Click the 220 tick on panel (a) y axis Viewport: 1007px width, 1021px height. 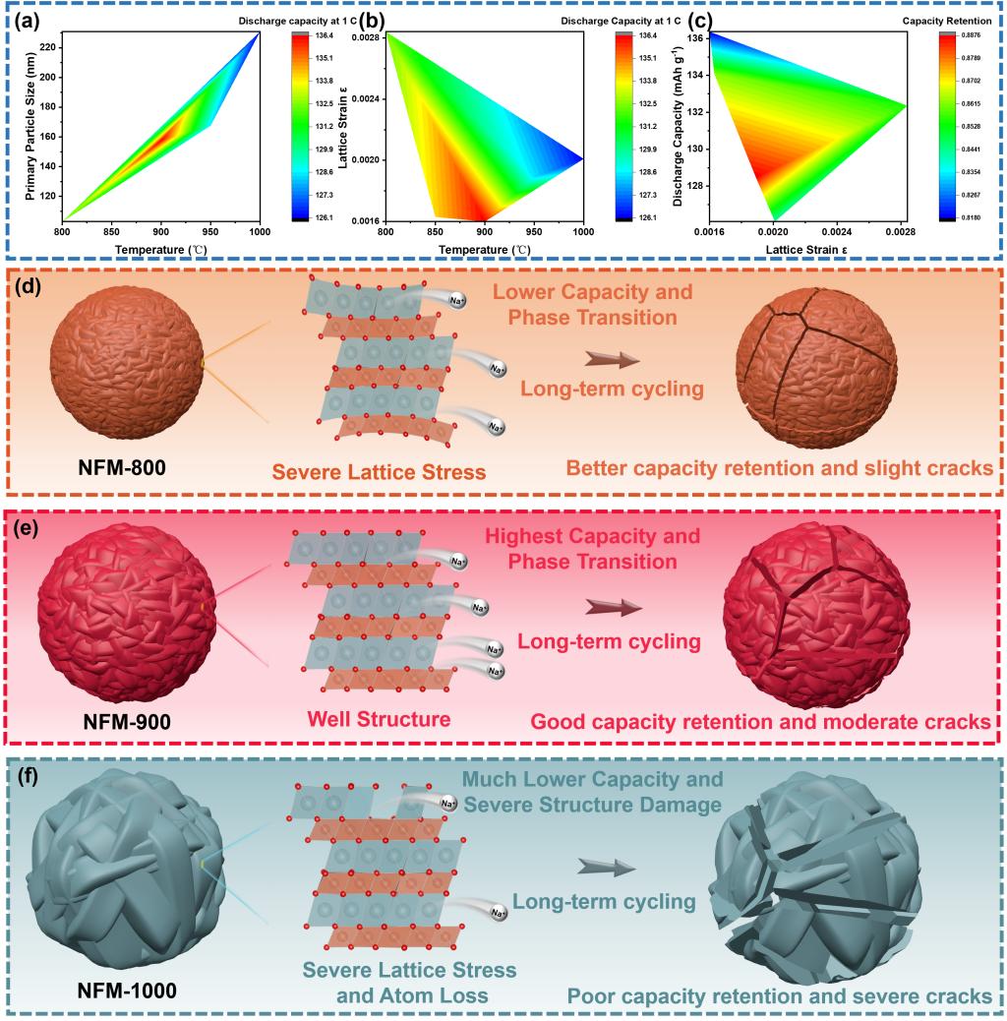point(49,45)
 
